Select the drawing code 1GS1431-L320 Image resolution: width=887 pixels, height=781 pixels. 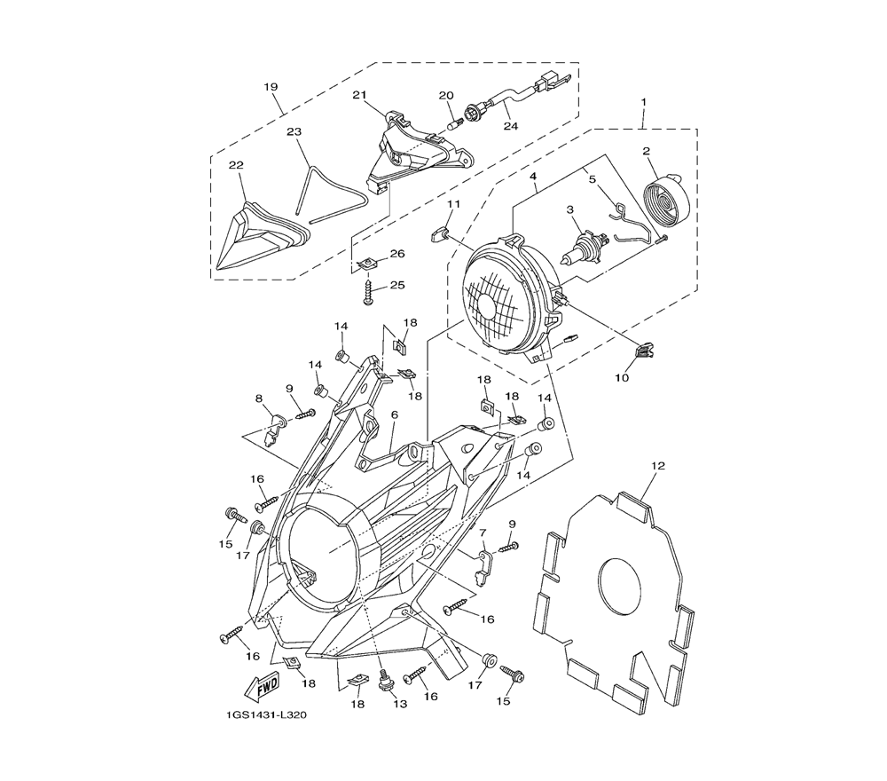click(266, 715)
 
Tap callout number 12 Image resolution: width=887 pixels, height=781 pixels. click(658, 466)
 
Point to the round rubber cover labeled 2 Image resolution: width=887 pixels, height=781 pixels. click(668, 199)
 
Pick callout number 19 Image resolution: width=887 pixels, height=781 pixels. click(271, 87)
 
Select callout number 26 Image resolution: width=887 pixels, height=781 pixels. click(397, 254)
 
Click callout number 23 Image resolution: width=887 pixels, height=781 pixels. click(294, 132)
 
